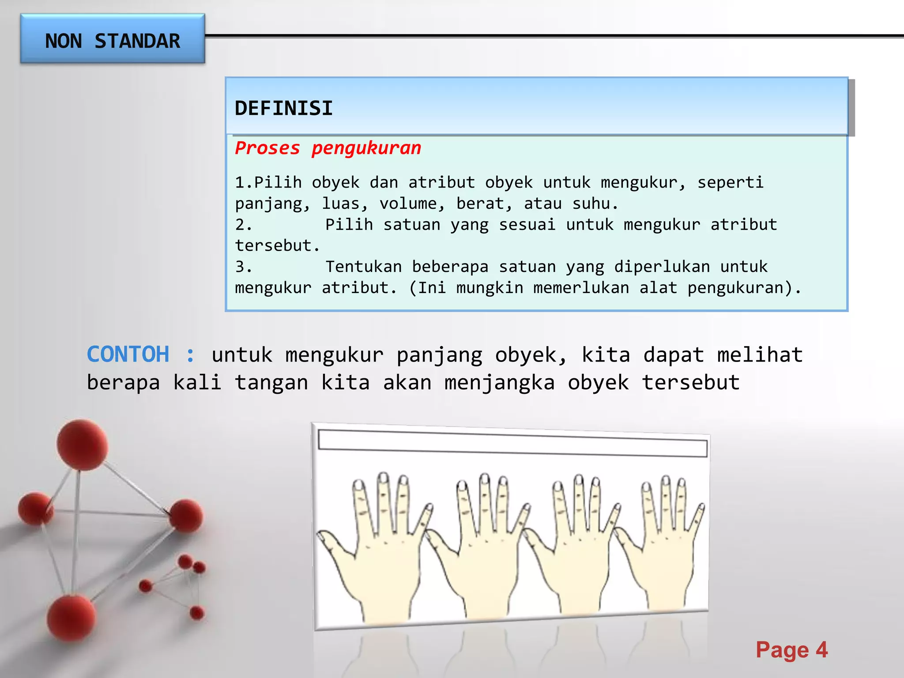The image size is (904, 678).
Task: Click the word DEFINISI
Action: [x=283, y=108]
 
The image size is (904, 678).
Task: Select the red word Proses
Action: [x=267, y=148]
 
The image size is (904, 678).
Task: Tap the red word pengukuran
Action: [x=366, y=148]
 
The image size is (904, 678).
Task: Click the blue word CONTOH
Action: [x=128, y=354]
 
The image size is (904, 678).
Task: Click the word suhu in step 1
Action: [x=591, y=203]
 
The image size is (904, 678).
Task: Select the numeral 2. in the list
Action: [x=243, y=225]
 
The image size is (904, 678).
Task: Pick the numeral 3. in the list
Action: [x=243, y=267]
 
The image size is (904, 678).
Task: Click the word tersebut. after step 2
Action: [x=277, y=245]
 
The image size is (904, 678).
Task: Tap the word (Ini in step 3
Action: [x=427, y=288]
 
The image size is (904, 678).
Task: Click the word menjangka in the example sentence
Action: [x=499, y=382]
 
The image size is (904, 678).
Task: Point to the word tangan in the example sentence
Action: [x=271, y=382]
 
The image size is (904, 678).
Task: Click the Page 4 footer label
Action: [x=791, y=650]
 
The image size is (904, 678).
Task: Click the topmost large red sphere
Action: [x=82, y=444]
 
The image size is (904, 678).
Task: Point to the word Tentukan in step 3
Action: [x=364, y=267]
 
